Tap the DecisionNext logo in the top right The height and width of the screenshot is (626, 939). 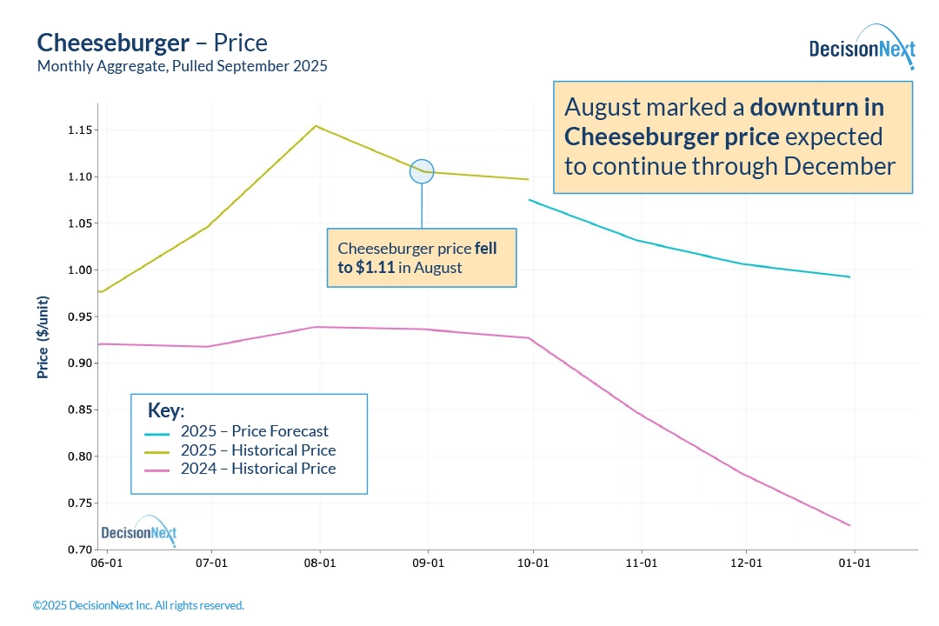click(862, 48)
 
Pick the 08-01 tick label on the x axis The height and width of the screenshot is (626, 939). click(320, 563)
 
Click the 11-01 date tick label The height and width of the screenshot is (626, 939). click(641, 563)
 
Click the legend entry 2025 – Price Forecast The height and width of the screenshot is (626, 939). click(254, 431)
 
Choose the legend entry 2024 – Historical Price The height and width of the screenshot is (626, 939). click(257, 469)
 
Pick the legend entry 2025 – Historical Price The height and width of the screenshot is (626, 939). click(257, 450)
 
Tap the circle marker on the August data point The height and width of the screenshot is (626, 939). click(422, 171)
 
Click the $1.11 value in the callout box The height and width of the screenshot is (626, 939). click(375, 268)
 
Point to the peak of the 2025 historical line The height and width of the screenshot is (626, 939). click(316, 126)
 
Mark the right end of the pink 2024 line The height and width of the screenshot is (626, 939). click(849, 525)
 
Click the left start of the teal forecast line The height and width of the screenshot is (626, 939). click(529, 200)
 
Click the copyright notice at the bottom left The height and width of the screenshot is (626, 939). click(138, 605)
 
